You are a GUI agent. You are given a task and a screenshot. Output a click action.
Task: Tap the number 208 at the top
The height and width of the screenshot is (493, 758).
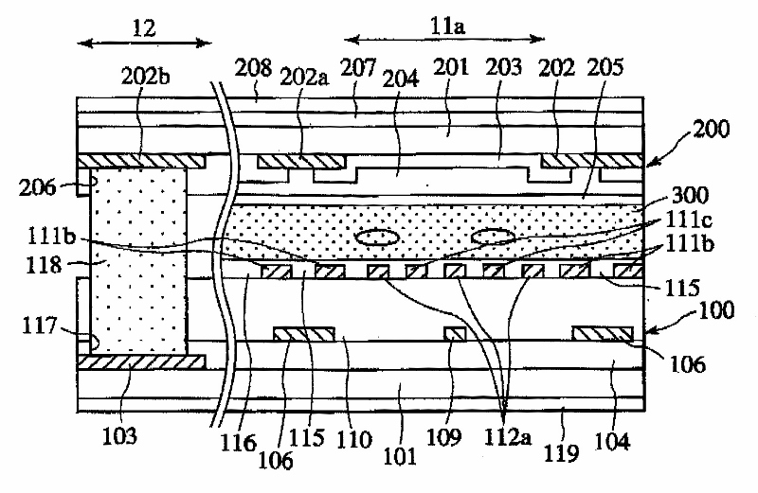(256, 67)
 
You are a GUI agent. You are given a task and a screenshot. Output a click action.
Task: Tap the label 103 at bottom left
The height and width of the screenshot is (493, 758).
(122, 437)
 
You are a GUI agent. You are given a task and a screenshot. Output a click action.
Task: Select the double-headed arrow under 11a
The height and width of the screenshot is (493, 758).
(444, 39)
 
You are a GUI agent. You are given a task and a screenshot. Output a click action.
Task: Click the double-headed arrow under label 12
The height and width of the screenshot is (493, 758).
(145, 41)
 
